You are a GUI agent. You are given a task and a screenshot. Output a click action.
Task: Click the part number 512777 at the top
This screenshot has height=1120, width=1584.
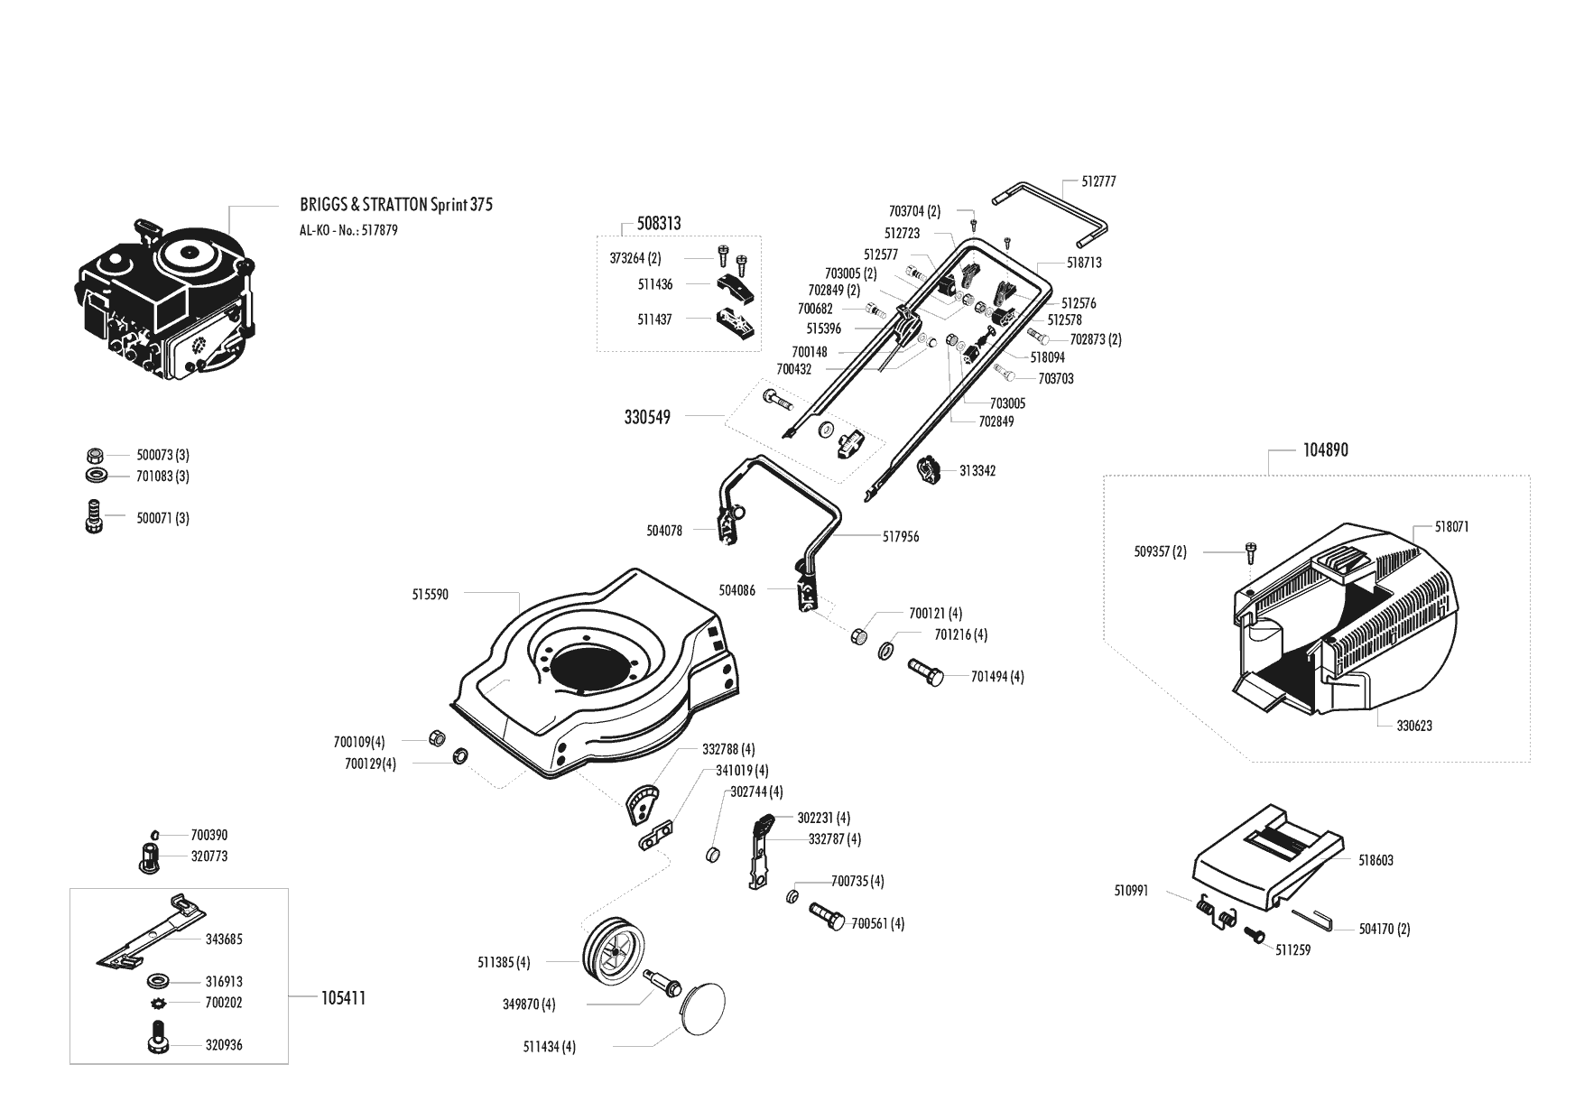(x=1098, y=181)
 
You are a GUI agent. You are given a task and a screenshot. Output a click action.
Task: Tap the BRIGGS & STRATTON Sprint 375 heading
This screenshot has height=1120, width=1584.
(x=396, y=205)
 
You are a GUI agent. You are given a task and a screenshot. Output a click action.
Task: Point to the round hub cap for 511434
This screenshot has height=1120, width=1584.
(x=701, y=1014)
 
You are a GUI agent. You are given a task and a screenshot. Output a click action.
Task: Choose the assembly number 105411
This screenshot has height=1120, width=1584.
(x=343, y=998)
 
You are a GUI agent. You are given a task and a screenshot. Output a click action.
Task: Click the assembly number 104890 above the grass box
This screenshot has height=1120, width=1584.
(x=1326, y=450)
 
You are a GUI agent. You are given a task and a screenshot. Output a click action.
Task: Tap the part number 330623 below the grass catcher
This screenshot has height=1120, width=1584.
(x=1414, y=726)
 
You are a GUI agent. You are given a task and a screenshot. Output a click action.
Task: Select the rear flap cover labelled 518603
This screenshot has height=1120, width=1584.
(x=1267, y=855)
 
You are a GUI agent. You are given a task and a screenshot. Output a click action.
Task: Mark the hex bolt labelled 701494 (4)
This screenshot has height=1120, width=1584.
(x=925, y=671)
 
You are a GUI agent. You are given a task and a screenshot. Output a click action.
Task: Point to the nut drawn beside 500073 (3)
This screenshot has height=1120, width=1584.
(x=94, y=455)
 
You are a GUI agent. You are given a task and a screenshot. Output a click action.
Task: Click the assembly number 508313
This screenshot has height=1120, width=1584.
(x=659, y=223)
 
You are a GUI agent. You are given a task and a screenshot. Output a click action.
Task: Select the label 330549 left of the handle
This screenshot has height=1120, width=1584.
(x=647, y=418)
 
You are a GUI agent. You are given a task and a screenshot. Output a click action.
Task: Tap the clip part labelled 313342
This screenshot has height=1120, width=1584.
(x=929, y=470)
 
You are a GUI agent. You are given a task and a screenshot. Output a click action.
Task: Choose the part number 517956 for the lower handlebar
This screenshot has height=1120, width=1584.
(x=901, y=537)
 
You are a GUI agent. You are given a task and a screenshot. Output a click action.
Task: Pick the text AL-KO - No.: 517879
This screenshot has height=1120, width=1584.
(x=348, y=230)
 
